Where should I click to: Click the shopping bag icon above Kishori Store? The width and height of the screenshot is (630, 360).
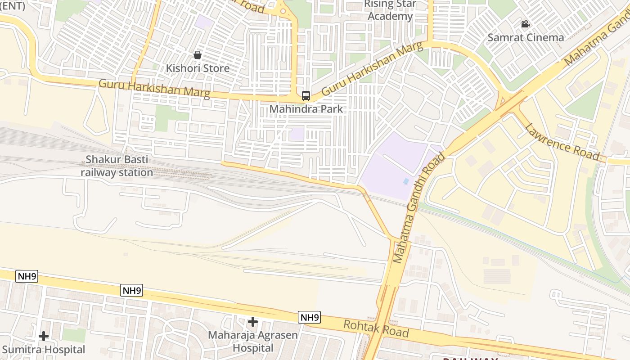click(x=197, y=55)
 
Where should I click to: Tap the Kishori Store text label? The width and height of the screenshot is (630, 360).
click(x=198, y=68)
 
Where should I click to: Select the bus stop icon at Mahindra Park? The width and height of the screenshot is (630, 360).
click(x=306, y=95)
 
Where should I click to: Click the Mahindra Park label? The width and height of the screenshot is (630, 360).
click(x=306, y=109)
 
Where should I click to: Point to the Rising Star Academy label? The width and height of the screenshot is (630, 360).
click(x=390, y=10)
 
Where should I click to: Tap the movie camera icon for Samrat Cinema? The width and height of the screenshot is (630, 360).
click(x=525, y=24)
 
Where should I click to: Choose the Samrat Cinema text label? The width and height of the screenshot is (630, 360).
click(x=526, y=37)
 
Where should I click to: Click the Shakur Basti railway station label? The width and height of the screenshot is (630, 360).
click(x=117, y=166)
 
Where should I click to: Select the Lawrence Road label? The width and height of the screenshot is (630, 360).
click(x=562, y=141)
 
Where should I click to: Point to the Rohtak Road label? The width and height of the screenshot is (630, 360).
click(x=376, y=329)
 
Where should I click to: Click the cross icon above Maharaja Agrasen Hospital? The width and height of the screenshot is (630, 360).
click(x=253, y=322)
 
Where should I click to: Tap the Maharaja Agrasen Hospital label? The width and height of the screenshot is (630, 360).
click(x=253, y=342)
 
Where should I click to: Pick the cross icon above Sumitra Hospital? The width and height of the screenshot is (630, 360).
click(x=44, y=336)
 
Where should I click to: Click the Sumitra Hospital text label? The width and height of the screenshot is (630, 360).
click(x=44, y=350)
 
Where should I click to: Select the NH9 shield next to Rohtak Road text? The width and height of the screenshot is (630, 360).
click(x=309, y=317)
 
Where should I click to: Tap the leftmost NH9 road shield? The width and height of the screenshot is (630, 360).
click(x=27, y=276)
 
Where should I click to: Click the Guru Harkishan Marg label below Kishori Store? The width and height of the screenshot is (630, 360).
click(x=154, y=89)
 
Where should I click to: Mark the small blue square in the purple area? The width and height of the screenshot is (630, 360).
click(x=406, y=181)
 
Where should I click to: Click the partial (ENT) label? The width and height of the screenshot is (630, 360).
click(x=13, y=6)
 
